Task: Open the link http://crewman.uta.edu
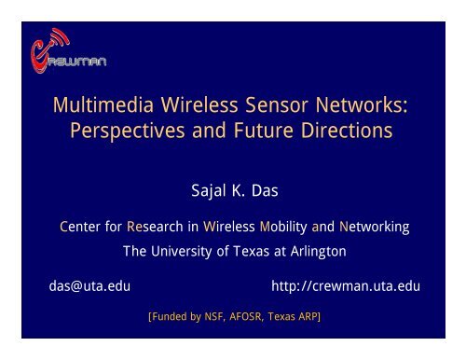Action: click(x=345, y=286)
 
